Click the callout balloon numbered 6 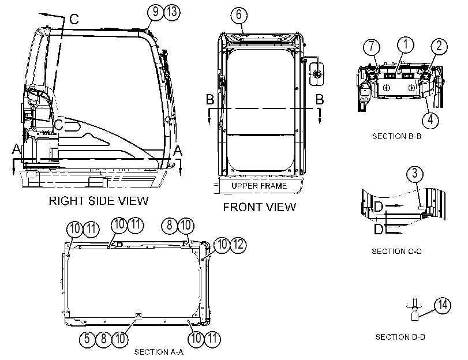click(x=239, y=14)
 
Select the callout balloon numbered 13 click(x=172, y=12)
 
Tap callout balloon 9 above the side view click(x=155, y=12)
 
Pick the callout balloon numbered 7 click(x=371, y=47)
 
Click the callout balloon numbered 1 click(x=405, y=44)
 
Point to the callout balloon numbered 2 click(x=439, y=46)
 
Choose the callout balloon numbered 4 click(x=430, y=120)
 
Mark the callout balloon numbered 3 click(x=415, y=174)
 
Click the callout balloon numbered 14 click(x=443, y=305)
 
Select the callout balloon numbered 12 click(x=238, y=245)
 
